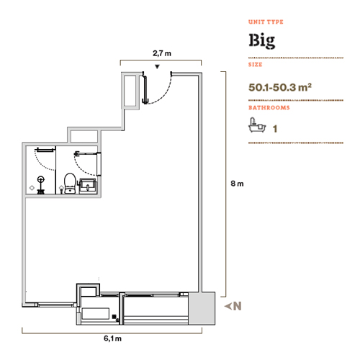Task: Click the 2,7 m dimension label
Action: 162,53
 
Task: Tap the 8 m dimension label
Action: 237,184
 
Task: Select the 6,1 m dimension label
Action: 112,338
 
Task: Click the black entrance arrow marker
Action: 157,67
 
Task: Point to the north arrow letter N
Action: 237,306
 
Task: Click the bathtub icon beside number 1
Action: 257,125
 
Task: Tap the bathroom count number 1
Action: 275,129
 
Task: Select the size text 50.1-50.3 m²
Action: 280,87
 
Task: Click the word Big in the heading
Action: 262,41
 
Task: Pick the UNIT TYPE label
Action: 266,22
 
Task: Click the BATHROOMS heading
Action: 269,107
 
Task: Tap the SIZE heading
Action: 255,65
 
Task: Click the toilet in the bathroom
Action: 70,184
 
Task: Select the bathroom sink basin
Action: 88,185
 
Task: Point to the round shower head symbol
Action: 41,179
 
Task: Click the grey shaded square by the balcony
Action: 202,308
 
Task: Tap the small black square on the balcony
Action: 114,317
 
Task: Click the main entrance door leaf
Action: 145,90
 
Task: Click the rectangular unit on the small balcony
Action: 96,314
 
